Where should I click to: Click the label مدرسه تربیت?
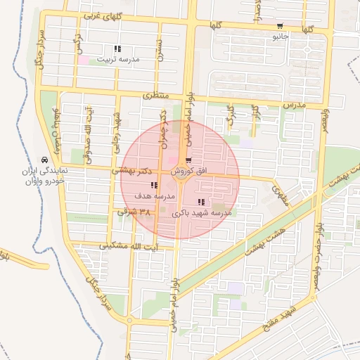[117, 60]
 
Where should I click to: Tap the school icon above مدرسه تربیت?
[117, 49]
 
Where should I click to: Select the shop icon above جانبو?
[281, 25]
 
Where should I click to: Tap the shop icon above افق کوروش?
[189, 161]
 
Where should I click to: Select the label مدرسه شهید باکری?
[202, 212]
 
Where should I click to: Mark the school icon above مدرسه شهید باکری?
[202, 202]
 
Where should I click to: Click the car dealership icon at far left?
[45, 160]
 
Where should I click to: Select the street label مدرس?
[295, 103]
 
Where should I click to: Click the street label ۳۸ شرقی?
[135, 211]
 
